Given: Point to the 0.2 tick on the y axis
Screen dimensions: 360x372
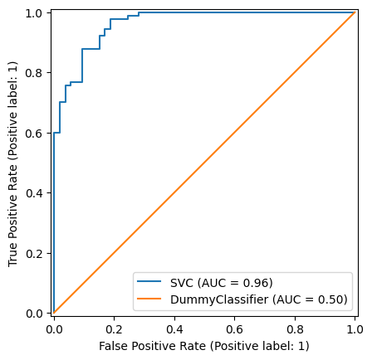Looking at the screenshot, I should [36, 253].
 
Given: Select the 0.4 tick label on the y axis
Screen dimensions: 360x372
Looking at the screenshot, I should [36, 192].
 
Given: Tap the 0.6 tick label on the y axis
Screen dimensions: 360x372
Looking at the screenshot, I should [36, 133].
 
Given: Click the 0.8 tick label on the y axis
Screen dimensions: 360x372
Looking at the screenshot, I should [36, 72].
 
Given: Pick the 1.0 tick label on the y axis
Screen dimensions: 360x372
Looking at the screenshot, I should [36, 12].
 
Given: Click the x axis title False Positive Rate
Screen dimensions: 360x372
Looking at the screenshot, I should [203, 345].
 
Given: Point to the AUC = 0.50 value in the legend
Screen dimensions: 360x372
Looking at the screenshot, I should [318, 299].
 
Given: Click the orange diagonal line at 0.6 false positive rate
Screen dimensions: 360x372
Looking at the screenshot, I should [234, 133].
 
